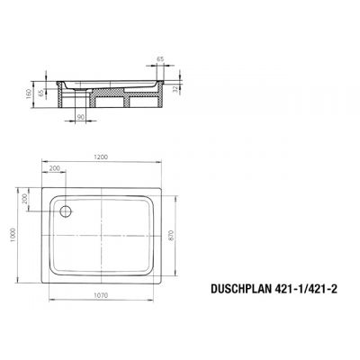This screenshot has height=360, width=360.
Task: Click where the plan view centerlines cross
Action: (106, 237)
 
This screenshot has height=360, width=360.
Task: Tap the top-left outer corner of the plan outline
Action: (37, 186)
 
